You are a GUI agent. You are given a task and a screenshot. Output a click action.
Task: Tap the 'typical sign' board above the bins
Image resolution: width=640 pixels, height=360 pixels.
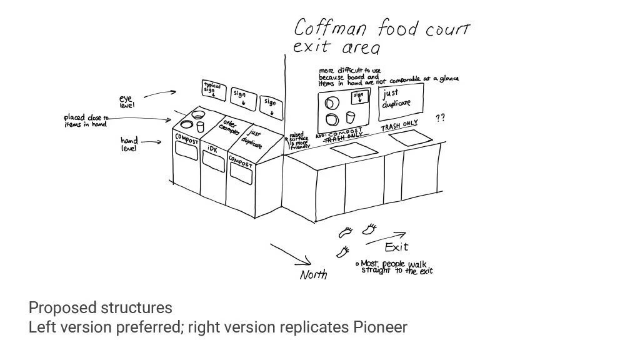pyautogui.click(x=214, y=89)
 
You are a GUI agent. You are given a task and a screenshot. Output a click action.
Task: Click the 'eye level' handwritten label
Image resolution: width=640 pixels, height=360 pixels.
pyautogui.click(x=127, y=102)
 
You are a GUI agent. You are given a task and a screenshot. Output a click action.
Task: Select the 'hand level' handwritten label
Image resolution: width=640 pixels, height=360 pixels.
pyautogui.click(x=129, y=144)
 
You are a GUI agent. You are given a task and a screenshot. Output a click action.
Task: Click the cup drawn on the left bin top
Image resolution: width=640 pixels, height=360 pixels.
pyautogui.click(x=201, y=126)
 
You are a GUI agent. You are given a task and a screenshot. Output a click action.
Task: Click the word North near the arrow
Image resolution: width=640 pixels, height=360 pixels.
pyautogui.click(x=313, y=274)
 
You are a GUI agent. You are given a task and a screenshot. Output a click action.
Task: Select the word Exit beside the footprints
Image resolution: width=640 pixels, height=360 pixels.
pyautogui.click(x=396, y=247)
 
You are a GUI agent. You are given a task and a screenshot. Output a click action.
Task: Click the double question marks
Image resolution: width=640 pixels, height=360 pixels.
pyautogui.click(x=440, y=117)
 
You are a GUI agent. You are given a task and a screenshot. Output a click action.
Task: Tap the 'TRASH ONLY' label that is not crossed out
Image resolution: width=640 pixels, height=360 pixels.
pyautogui.click(x=399, y=125)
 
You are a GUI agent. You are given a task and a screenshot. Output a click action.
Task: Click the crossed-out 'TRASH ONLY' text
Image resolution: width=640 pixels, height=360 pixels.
pyautogui.click(x=342, y=141)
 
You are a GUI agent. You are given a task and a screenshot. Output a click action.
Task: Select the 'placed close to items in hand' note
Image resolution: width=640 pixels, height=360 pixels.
pyautogui.click(x=86, y=121)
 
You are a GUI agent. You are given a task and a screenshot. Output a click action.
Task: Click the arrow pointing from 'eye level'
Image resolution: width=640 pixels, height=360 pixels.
pyautogui.click(x=160, y=94)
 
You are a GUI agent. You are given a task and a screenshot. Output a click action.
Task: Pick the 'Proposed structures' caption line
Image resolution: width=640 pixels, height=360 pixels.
pyautogui.click(x=100, y=307)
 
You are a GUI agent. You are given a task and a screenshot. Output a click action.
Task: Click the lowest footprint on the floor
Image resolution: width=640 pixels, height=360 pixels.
pyautogui.click(x=342, y=252)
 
